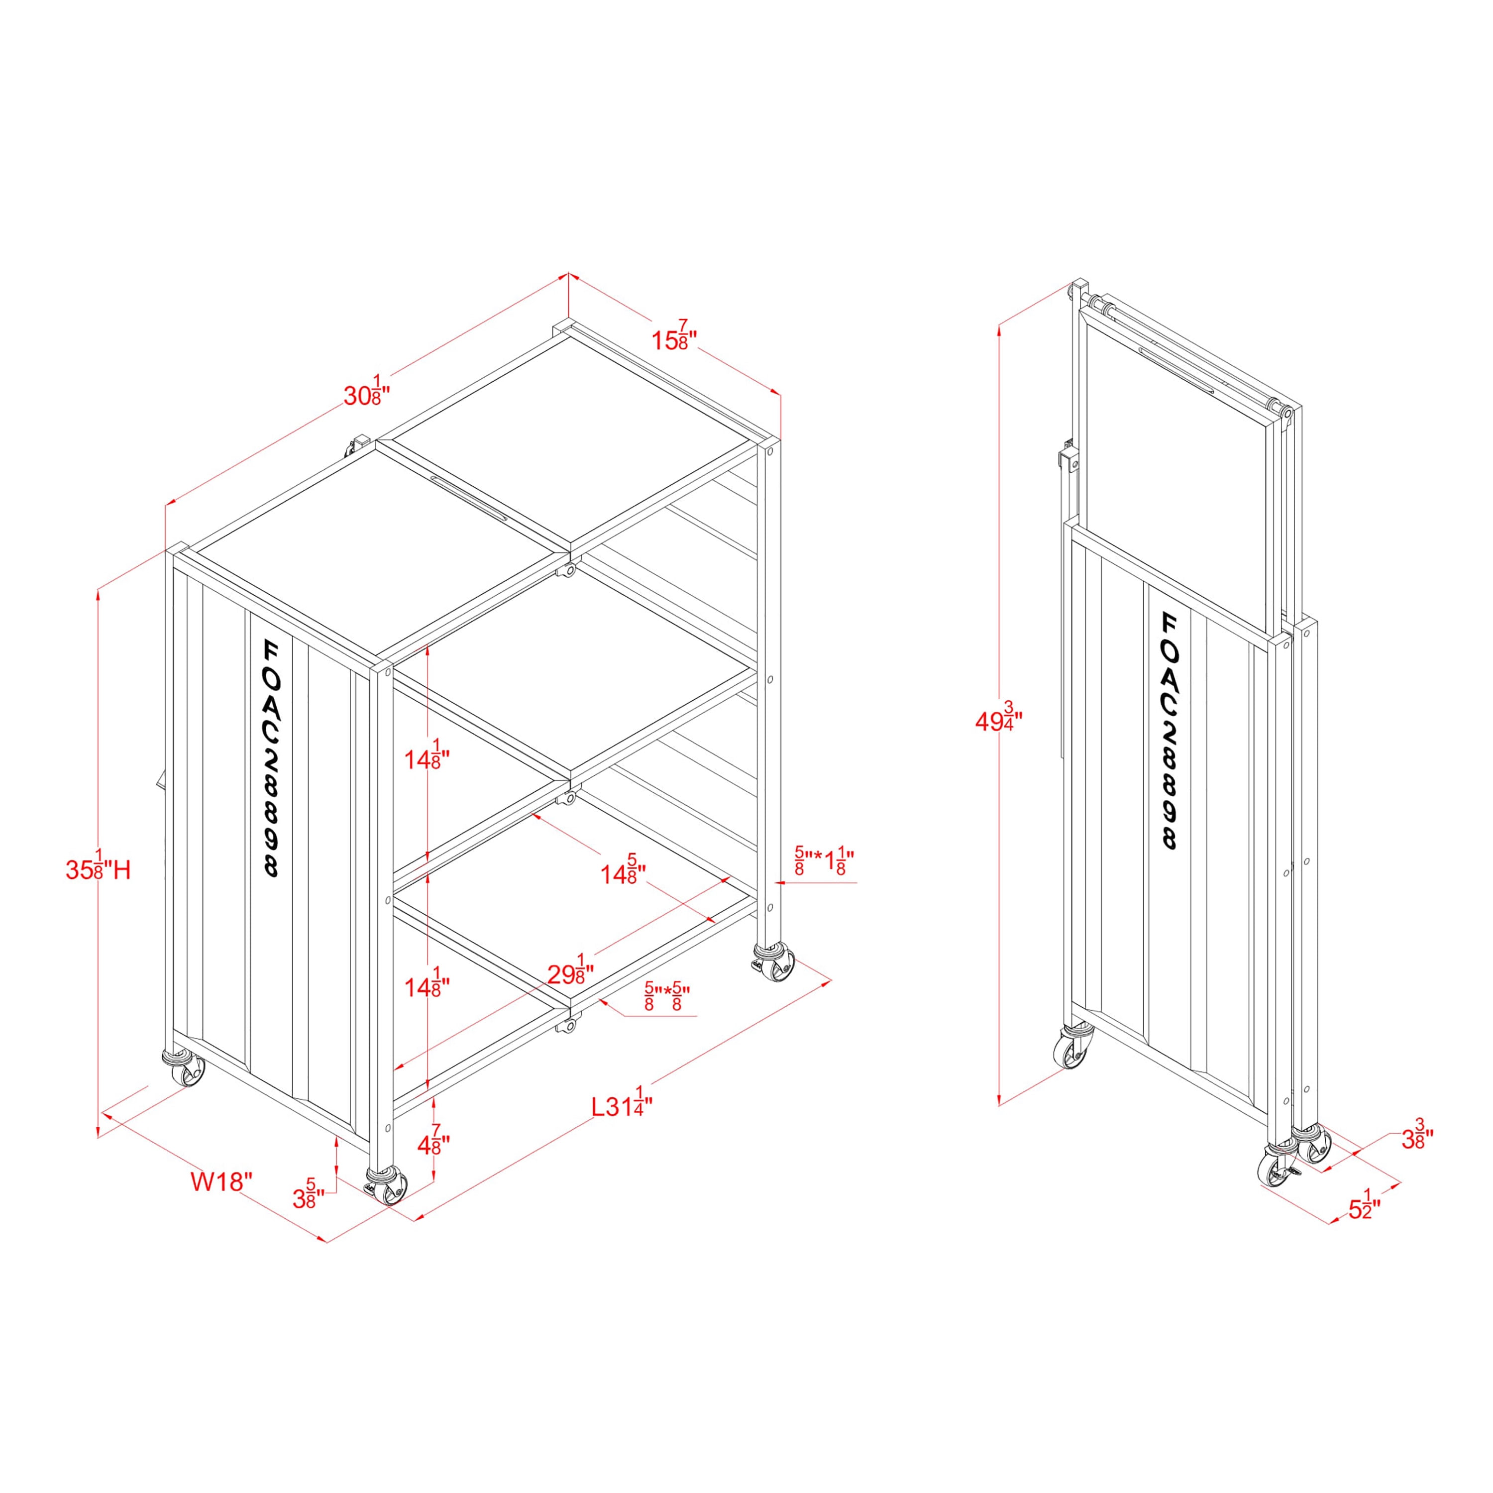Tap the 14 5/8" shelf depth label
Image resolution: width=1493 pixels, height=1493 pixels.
[624, 871]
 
